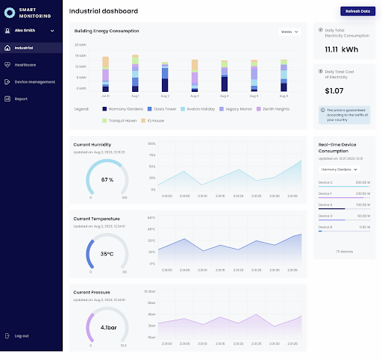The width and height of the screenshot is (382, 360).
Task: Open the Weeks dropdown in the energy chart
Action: click(289, 32)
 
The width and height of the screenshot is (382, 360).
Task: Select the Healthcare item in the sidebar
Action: click(25, 65)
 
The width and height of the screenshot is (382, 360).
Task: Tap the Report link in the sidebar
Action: click(21, 99)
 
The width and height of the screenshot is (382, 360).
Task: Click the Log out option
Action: click(22, 335)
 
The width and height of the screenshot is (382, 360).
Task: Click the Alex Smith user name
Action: click(25, 31)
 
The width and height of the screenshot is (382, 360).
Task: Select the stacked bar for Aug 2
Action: click(164, 74)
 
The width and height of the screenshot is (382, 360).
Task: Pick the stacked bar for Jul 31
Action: click(105, 74)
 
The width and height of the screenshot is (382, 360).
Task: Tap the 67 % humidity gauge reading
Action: click(107, 180)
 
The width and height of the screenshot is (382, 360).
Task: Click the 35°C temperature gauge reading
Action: click(107, 254)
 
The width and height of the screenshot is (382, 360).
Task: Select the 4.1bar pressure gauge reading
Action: click(107, 327)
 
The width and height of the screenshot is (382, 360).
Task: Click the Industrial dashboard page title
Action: click(103, 12)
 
